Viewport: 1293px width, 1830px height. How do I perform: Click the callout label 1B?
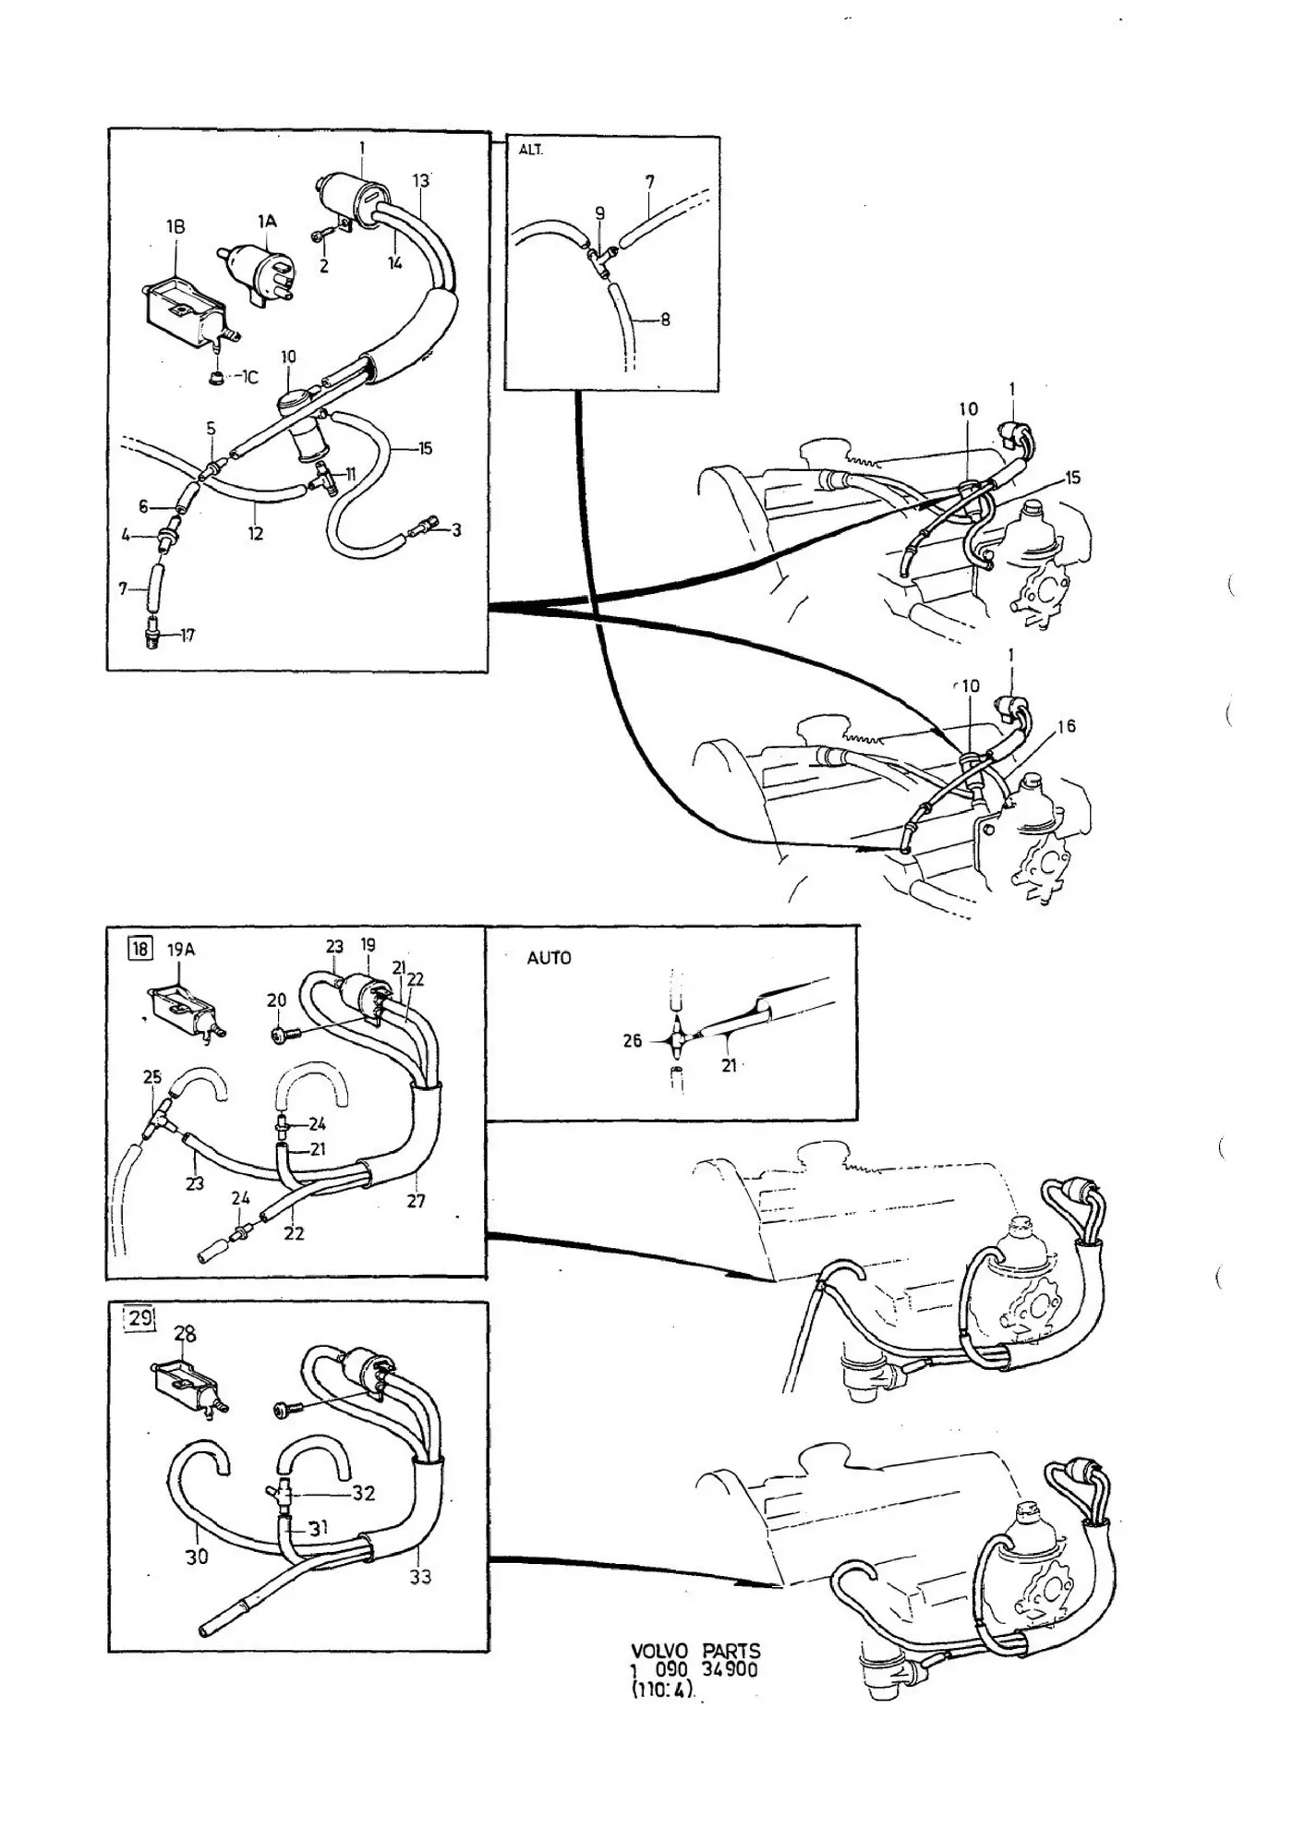175,226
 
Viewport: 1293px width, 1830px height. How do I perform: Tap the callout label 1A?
267,221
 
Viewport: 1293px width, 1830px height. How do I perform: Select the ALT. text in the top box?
531,150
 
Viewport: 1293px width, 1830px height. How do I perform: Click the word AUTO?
549,958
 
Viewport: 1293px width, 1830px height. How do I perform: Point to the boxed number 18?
140,950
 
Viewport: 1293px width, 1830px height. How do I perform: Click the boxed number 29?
140,1317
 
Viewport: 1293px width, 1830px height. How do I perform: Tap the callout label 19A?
181,950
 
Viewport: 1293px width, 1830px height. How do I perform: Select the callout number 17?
187,636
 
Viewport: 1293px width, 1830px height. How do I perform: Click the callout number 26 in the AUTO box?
633,1041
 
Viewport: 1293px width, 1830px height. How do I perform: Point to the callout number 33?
420,1577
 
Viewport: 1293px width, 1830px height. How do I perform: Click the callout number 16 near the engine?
1067,727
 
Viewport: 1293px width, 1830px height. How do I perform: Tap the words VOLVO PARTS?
696,1651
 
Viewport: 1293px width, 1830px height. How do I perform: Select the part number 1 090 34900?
695,1669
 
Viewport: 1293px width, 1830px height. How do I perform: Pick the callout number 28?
185,1334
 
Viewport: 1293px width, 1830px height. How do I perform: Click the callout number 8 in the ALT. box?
665,321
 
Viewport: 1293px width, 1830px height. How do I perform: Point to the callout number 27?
417,1201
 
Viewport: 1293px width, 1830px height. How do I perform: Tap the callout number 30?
198,1557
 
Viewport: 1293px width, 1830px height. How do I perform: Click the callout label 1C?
248,378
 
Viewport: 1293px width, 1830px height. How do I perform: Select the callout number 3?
455,530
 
